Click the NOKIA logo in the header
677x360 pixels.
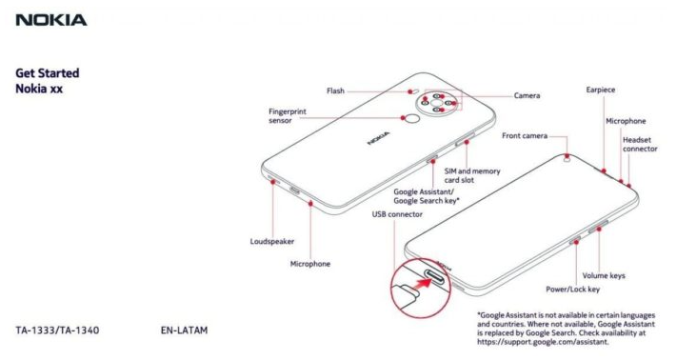[51, 20]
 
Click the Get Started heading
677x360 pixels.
[48, 73]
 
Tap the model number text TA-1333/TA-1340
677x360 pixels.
[57, 330]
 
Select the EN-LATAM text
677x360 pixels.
[184, 330]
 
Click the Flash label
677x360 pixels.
[335, 90]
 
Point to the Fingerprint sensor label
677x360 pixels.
[288, 115]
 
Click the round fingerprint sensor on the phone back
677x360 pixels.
[413, 119]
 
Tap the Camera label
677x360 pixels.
[527, 95]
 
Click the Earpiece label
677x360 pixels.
[601, 90]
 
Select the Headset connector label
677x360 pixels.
[640, 144]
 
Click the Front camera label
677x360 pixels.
[525, 135]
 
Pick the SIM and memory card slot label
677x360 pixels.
[472, 175]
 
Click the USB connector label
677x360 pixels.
[397, 214]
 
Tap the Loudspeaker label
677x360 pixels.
[272, 241]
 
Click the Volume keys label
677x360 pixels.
[604, 275]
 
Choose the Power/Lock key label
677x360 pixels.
[572, 290]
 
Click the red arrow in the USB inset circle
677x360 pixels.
[424, 283]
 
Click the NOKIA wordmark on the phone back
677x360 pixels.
[378, 138]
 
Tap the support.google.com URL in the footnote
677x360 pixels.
[543, 342]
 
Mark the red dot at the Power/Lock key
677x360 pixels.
[576, 242]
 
